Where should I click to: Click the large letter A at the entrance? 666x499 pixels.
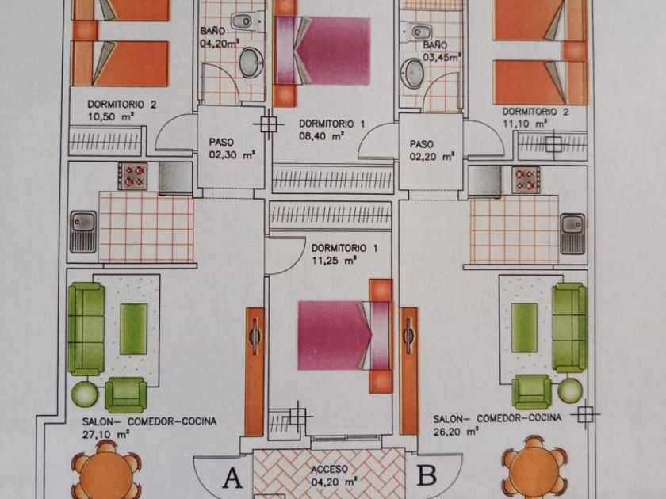point(232,478)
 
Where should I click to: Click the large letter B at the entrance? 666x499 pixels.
point(427,475)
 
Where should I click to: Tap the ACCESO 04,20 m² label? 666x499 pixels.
point(334,475)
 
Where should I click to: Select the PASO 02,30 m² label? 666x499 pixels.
point(232,149)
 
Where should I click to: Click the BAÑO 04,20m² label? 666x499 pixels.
point(220,36)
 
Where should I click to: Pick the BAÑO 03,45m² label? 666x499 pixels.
point(442,51)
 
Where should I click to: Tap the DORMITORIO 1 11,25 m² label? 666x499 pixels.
point(344,253)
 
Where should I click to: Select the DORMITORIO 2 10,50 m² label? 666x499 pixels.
point(122,110)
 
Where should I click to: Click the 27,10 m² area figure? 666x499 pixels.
point(105,435)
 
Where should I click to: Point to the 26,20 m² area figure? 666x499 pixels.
point(456,432)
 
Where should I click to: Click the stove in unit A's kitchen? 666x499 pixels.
point(133,176)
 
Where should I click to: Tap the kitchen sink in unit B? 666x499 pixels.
point(572,234)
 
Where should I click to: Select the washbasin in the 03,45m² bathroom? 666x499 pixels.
point(412,73)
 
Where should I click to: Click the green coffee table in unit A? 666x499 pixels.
point(133,329)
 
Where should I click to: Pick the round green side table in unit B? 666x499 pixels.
point(570,390)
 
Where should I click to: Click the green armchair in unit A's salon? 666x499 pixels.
point(126,394)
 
